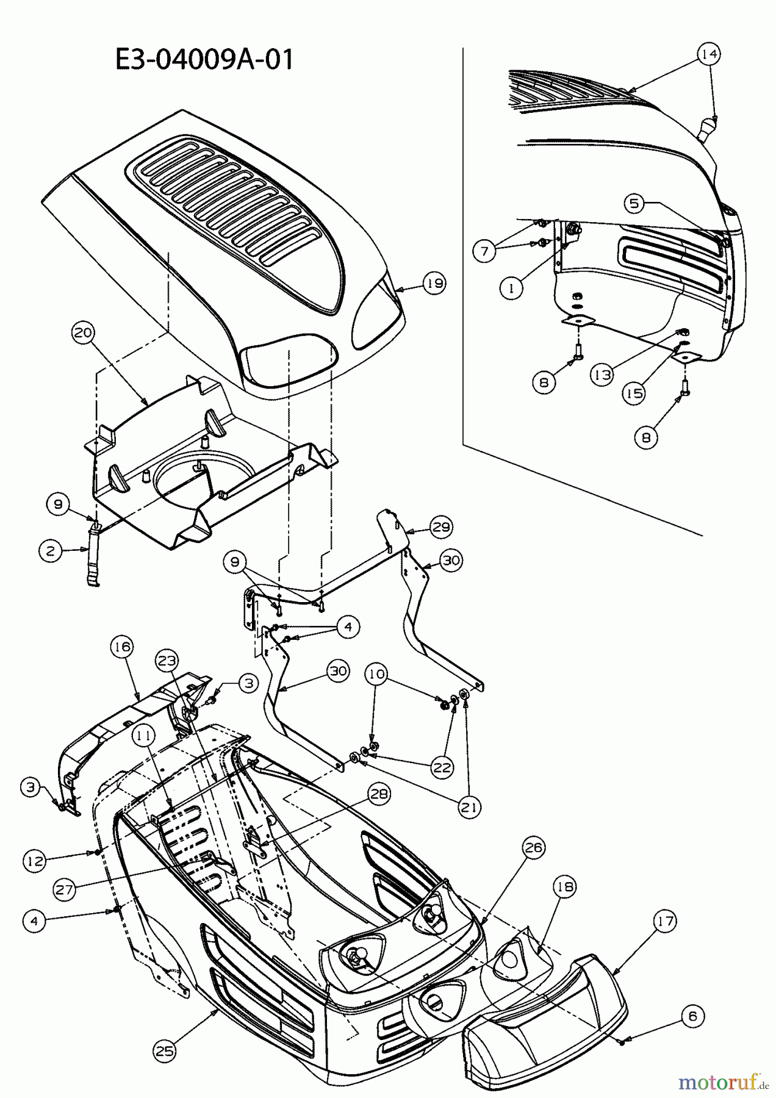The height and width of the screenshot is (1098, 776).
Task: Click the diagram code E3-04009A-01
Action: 204,60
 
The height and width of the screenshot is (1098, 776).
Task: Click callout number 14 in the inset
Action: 709,54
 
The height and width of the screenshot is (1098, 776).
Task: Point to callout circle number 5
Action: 634,203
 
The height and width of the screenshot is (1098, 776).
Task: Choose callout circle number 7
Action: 484,251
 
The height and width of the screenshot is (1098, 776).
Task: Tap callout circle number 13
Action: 602,375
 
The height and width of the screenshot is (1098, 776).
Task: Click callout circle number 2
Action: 50,551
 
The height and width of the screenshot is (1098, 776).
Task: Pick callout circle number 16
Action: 122,647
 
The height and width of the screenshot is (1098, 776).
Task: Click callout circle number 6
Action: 692,1016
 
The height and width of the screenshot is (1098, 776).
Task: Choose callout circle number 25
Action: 165,1050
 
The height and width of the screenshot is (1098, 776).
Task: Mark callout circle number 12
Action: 35,861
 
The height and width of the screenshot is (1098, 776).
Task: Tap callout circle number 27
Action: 65,889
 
